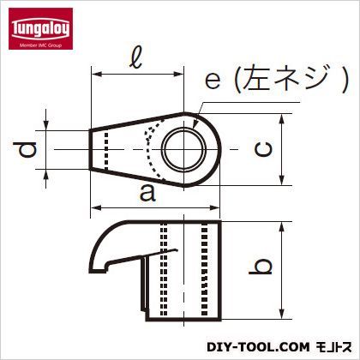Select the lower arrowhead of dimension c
(282, 182)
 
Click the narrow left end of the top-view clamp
(97, 150)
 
